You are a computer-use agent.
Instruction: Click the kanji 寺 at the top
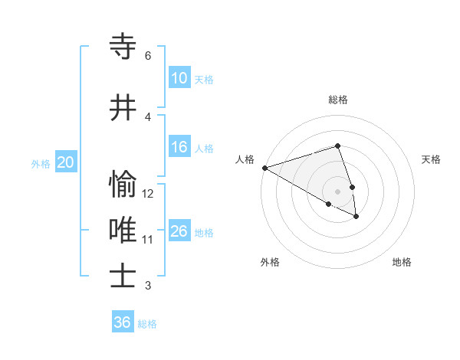(x=123, y=47)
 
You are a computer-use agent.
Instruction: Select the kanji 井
(x=123, y=108)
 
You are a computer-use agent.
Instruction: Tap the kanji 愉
(x=123, y=185)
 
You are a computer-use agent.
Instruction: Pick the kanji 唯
(x=123, y=230)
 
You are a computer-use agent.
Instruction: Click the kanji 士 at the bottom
(x=123, y=276)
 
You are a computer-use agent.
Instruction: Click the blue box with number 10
(x=179, y=78)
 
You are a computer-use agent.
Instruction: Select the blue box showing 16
(x=179, y=148)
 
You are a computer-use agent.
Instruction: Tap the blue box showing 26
(x=179, y=231)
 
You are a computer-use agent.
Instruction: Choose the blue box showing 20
(x=66, y=162)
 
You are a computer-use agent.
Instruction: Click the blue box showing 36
(x=123, y=322)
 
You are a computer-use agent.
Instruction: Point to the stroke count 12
(x=148, y=194)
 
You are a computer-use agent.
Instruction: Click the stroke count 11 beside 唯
(x=148, y=240)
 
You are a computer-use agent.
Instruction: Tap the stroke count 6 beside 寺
(x=148, y=56)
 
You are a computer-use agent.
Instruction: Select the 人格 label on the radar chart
(x=245, y=159)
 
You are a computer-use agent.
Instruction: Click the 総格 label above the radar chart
(x=337, y=100)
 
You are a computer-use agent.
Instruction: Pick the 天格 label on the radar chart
(x=431, y=159)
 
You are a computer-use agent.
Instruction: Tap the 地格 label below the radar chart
(x=402, y=263)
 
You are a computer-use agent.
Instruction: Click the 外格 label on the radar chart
(x=270, y=263)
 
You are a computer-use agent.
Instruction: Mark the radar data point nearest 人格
(x=264, y=168)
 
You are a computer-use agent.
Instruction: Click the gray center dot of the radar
(x=337, y=191)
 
